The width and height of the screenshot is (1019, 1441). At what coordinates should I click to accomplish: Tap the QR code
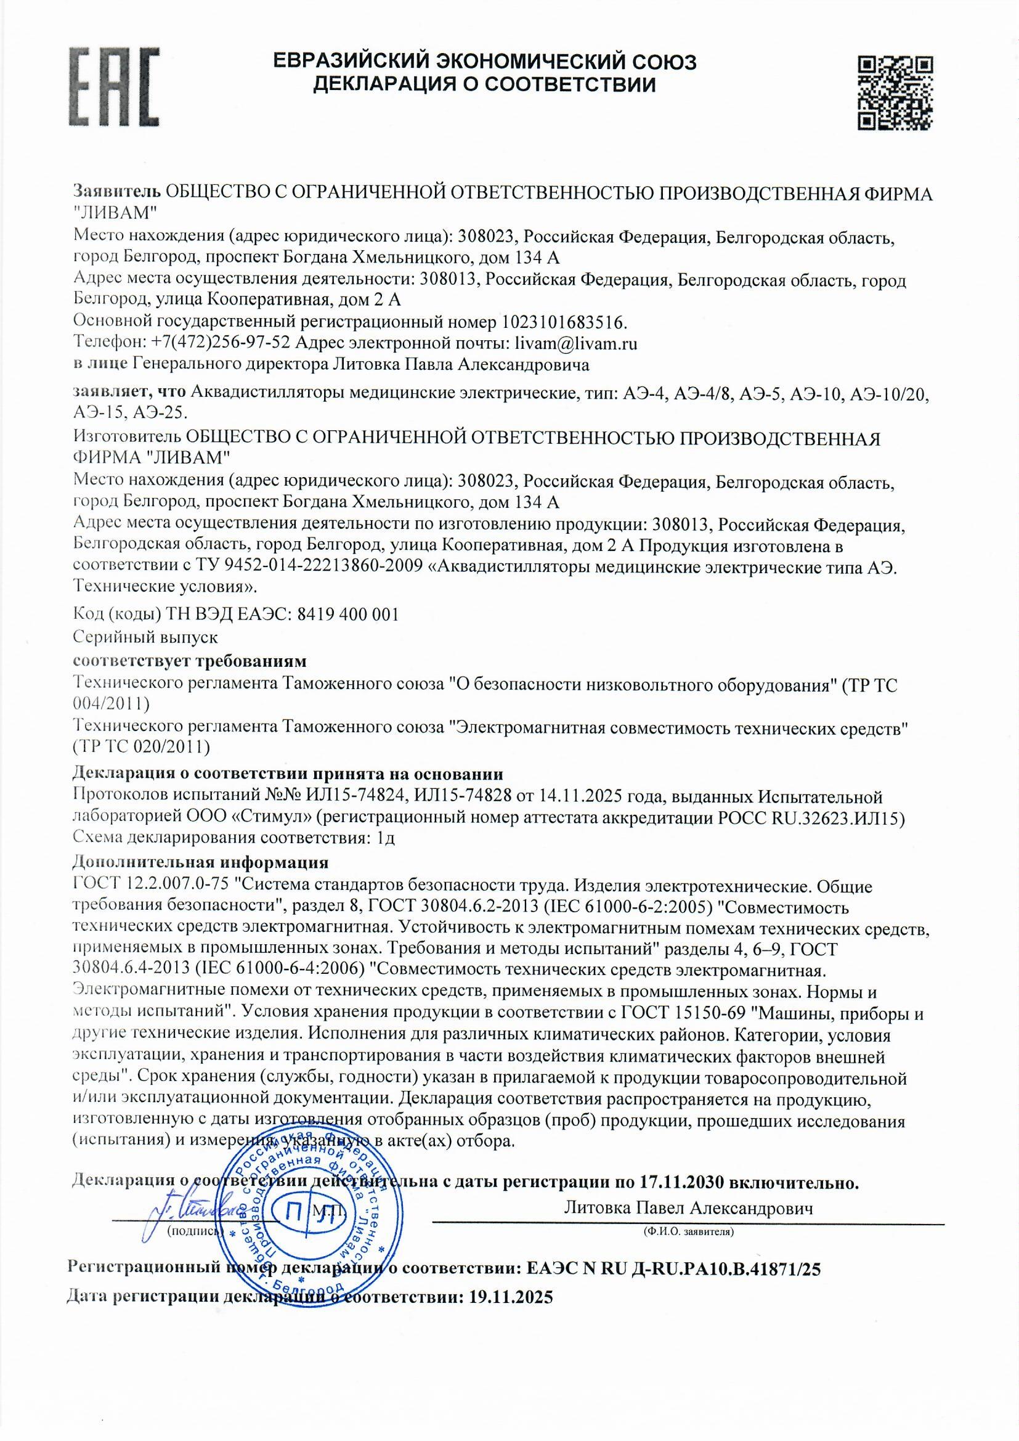(895, 93)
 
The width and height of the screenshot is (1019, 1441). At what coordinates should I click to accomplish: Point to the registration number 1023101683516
(564, 322)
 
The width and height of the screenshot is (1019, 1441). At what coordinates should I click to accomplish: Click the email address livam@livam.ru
(575, 343)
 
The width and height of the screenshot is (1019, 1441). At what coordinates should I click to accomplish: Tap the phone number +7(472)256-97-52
(219, 343)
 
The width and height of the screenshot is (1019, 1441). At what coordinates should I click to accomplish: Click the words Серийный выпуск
(145, 637)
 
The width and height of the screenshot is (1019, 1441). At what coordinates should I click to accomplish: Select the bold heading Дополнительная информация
(201, 862)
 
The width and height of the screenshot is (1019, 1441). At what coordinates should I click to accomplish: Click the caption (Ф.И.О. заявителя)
(688, 1232)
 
